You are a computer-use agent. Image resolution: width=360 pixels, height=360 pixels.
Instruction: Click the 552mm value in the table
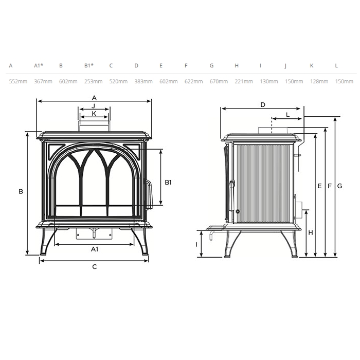click(x=18, y=81)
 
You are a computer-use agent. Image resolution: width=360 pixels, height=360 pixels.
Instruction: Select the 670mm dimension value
click(x=219, y=81)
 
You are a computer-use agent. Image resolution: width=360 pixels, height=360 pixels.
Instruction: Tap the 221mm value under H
click(x=244, y=81)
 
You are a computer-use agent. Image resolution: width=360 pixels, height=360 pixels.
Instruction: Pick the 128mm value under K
click(x=319, y=81)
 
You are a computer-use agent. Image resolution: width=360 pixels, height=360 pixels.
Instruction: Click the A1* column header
click(x=39, y=66)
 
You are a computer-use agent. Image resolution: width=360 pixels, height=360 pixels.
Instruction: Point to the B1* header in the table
click(x=89, y=66)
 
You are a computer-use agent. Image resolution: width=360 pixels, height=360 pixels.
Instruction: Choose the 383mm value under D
click(x=143, y=81)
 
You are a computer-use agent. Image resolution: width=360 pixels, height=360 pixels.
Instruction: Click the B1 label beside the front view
click(x=168, y=182)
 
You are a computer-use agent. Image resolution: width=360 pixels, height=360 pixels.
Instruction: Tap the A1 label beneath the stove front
click(x=95, y=249)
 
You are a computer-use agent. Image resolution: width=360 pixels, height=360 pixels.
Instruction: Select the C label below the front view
click(x=95, y=267)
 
